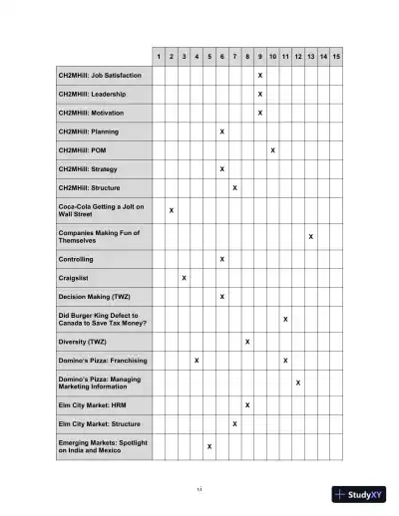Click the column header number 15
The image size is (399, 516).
[x=336, y=56]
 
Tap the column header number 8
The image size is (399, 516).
[x=247, y=56]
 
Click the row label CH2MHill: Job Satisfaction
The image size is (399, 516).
[x=100, y=76]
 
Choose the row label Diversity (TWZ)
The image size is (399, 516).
[x=85, y=342]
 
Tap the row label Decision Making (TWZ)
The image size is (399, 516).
[x=95, y=297]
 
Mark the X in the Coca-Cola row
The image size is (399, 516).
[x=172, y=211]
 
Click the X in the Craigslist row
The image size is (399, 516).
[x=185, y=278]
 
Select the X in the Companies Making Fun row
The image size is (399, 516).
[x=311, y=237]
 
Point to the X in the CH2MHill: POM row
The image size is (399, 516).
[x=272, y=150]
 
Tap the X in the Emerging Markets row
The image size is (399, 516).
[x=209, y=446]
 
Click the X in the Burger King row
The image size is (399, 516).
[x=285, y=320]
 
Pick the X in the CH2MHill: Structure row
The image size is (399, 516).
[x=234, y=187]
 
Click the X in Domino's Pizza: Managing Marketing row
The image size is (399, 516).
[x=298, y=383]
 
